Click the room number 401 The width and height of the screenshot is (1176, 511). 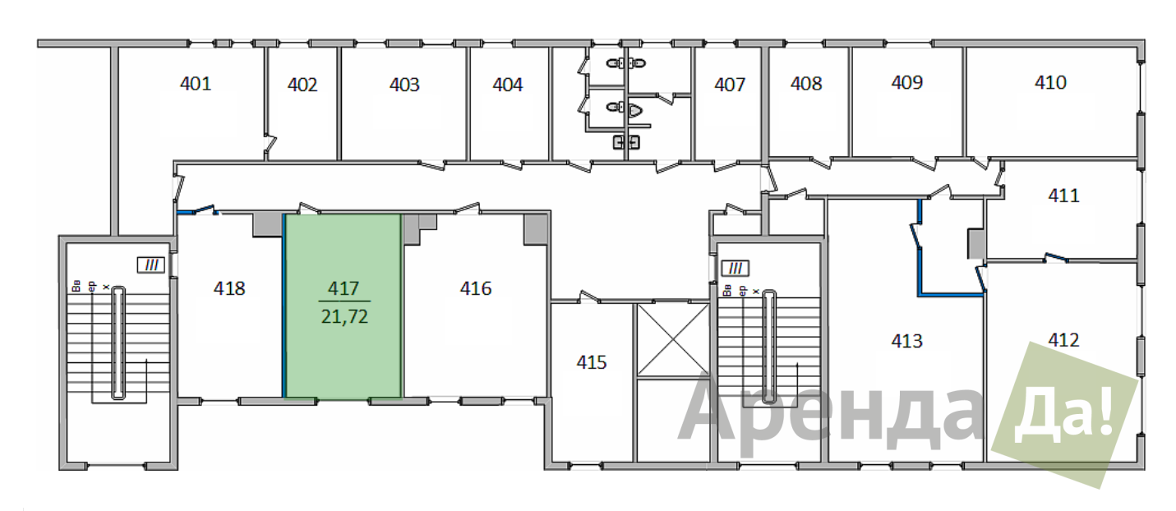pyautogui.click(x=196, y=84)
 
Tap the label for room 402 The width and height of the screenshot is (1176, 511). pyautogui.click(x=302, y=85)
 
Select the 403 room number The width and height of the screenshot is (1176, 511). pyautogui.click(x=404, y=85)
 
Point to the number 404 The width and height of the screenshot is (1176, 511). pyautogui.click(x=508, y=85)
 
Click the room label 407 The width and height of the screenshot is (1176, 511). pyautogui.click(x=730, y=85)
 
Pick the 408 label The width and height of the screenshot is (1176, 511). pyautogui.click(x=806, y=84)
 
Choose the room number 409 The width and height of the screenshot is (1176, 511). pyautogui.click(x=907, y=82)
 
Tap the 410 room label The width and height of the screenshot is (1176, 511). pyautogui.click(x=1050, y=82)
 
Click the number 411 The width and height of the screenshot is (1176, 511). pyautogui.click(x=1063, y=196)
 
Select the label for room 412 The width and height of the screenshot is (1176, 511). pyautogui.click(x=1063, y=340)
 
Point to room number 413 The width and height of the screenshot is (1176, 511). pyautogui.click(x=906, y=341)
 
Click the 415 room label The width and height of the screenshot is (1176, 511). pyautogui.click(x=592, y=362)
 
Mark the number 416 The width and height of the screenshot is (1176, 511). pyautogui.click(x=476, y=288)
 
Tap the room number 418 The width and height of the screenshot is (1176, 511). pyautogui.click(x=229, y=288)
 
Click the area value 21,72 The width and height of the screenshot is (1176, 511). pyautogui.click(x=344, y=317)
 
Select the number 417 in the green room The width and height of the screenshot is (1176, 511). pyautogui.click(x=344, y=288)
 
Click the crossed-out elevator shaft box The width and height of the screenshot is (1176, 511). pyautogui.click(x=673, y=340)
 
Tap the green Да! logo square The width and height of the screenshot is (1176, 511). pyautogui.click(x=1064, y=415)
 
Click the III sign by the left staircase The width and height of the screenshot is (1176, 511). pyautogui.click(x=151, y=265)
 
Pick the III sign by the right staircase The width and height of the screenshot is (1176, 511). pyautogui.click(x=735, y=269)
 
